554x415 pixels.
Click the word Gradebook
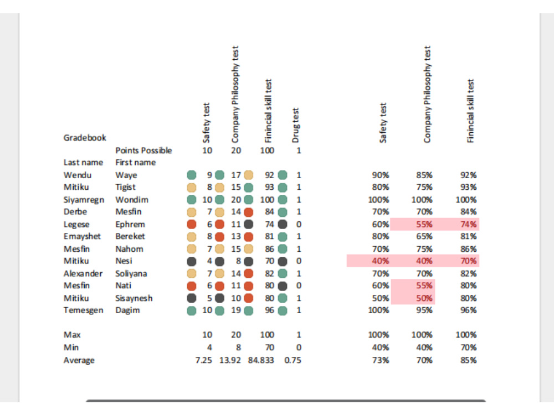pyautogui.click(x=85, y=138)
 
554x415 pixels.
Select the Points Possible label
pyautogui.click(x=143, y=151)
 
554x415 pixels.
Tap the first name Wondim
pyautogui.click(x=132, y=200)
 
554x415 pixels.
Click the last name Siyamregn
pyautogui.click(x=84, y=200)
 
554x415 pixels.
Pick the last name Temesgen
pyautogui.click(x=84, y=310)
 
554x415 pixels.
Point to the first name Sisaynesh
pyautogui.click(x=134, y=298)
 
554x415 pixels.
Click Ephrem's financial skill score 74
pyautogui.click(x=269, y=224)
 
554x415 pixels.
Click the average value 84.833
pyautogui.click(x=261, y=360)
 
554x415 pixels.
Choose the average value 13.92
pyautogui.click(x=230, y=360)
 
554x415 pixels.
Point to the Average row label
pyautogui.click(x=79, y=360)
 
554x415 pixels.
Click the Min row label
pyautogui.click(x=71, y=347)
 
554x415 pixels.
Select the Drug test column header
pyautogui.click(x=296, y=125)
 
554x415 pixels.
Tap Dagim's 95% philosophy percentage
pyautogui.click(x=424, y=310)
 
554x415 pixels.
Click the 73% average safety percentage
pyautogui.click(x=381, y=360)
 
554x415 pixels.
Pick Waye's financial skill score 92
pyautogui.click(x=269, y=175)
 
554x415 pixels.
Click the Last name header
pyautogui.click(x=83, y=162)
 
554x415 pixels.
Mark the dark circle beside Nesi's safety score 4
pyautogui.click(x=192, y=261)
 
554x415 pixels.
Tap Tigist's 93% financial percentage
pyautogui.click(x=468, y=187)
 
